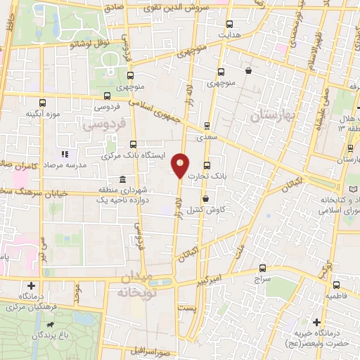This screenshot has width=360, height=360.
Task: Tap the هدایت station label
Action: [x=228, y=34]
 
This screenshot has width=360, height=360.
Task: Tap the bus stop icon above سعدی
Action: [x=206, y=126]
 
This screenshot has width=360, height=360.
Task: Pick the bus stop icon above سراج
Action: [x=263, y=268]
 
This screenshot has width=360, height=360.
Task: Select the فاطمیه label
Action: [x=335, y=297]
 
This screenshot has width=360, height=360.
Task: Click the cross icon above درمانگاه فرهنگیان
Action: [x=31, y=285]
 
